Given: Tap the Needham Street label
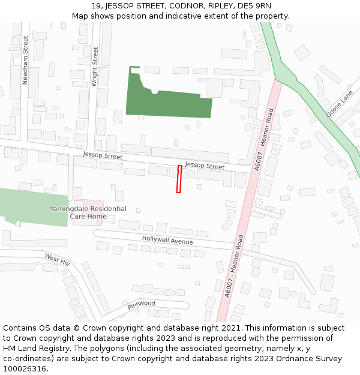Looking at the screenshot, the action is click(25, 59).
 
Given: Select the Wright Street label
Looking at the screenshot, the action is click(95, 67).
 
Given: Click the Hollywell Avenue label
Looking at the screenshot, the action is click(167, 240).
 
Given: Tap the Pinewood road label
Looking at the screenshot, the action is click(141, 305).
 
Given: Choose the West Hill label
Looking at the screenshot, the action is click(57, 259).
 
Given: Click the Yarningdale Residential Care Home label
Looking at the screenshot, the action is click(88, 212).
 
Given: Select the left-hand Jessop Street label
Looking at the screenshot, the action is click(103, 157).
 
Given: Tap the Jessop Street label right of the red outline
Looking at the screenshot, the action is click(204, 165).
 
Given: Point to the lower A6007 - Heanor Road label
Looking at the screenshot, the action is click(233, 266).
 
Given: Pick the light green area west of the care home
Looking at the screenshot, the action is click(33, 207).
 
